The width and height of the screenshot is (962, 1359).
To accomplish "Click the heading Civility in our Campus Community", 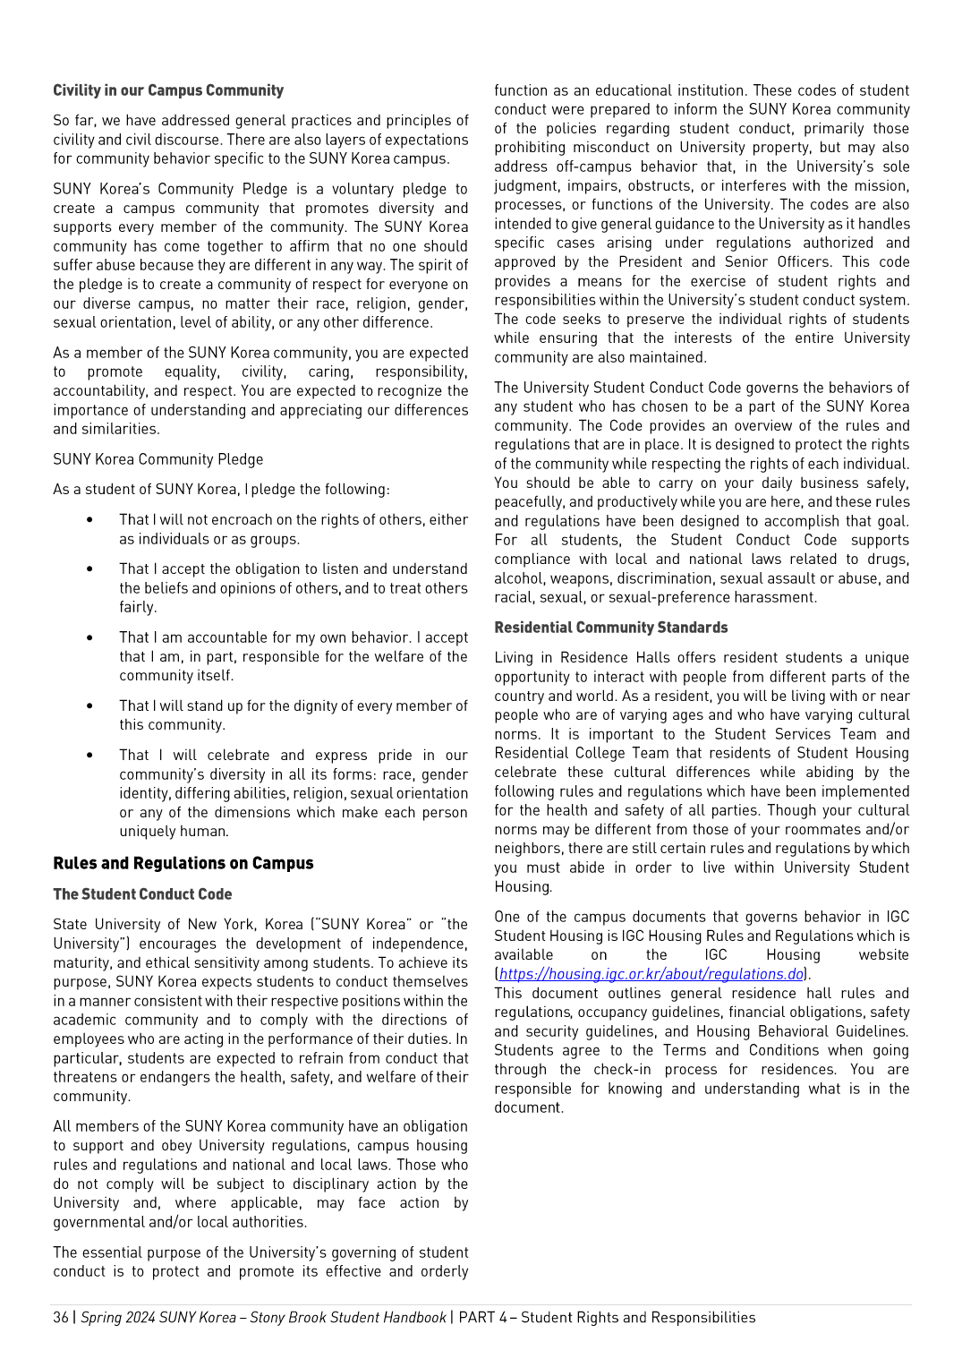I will (x=168, y=90).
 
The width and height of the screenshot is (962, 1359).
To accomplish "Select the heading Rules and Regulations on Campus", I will (x=183, y=863).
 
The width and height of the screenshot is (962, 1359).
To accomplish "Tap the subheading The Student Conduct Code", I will (x=142, y=894).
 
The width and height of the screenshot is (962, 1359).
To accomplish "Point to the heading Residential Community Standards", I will (x=611, y=628).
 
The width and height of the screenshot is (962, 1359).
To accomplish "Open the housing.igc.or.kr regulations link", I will (x=651, y=974).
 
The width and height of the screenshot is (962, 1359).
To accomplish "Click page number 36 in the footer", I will (x=60, y=1317).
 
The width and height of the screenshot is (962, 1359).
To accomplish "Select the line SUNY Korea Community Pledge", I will (x=158, y=459).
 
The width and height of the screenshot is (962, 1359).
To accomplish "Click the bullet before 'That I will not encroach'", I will (x=89, y=520).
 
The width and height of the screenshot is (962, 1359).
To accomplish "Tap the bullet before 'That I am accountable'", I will (x=89, y=638).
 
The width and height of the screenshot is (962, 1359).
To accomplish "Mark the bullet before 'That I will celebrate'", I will (x=89, y=756).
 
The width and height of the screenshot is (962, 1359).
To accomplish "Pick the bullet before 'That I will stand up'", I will (x=89, y=706).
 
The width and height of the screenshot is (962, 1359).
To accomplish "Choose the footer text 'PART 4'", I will (x=483, y=1317).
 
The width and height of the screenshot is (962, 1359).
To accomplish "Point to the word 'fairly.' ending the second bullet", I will (x=138, y=607).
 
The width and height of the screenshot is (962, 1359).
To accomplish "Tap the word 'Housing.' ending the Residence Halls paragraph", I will (x=524, y=886).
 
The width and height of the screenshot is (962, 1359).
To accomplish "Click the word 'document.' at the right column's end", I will (x=529, y=1107).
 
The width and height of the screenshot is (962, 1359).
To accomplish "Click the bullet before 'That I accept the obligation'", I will (x=89, y=569).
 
